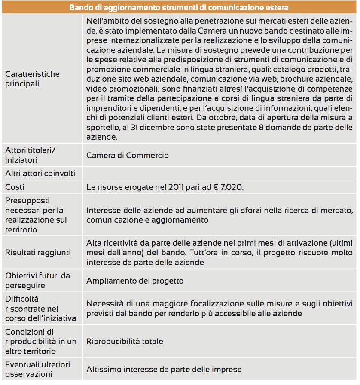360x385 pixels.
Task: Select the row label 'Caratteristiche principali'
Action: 33,79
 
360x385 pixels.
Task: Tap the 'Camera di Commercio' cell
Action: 128,156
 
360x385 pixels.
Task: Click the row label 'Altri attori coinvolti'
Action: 40,174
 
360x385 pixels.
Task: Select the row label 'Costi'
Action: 15,187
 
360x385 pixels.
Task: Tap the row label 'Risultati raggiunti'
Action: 38,253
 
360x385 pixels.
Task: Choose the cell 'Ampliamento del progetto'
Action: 135,281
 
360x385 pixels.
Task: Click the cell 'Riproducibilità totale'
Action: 125,342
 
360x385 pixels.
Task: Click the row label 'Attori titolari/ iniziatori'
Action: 31,155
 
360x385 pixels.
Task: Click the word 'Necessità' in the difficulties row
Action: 104,303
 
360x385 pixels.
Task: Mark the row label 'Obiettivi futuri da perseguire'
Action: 37,281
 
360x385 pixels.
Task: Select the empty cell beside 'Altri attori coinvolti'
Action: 219,174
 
